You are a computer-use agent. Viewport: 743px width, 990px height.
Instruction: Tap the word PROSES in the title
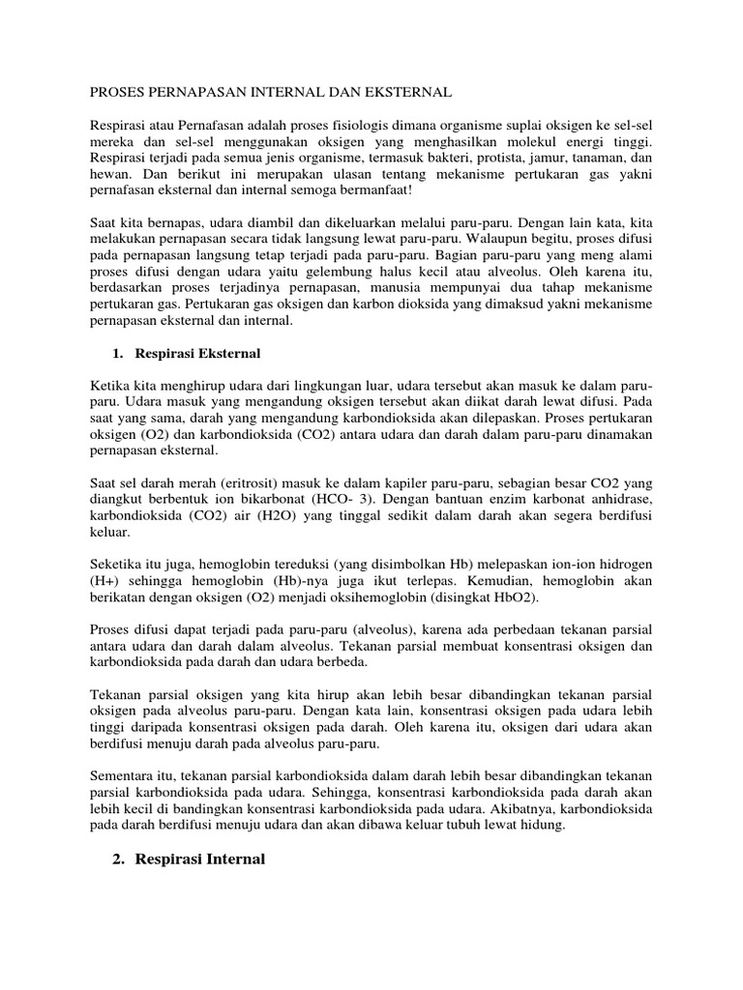pyautogui.click(x=120, y=93)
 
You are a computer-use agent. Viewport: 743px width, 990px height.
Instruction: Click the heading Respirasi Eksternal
pyautogui.click(x=196, y=353)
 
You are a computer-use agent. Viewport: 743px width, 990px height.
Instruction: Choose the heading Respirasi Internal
pyautogui.click(x=192, y=859)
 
